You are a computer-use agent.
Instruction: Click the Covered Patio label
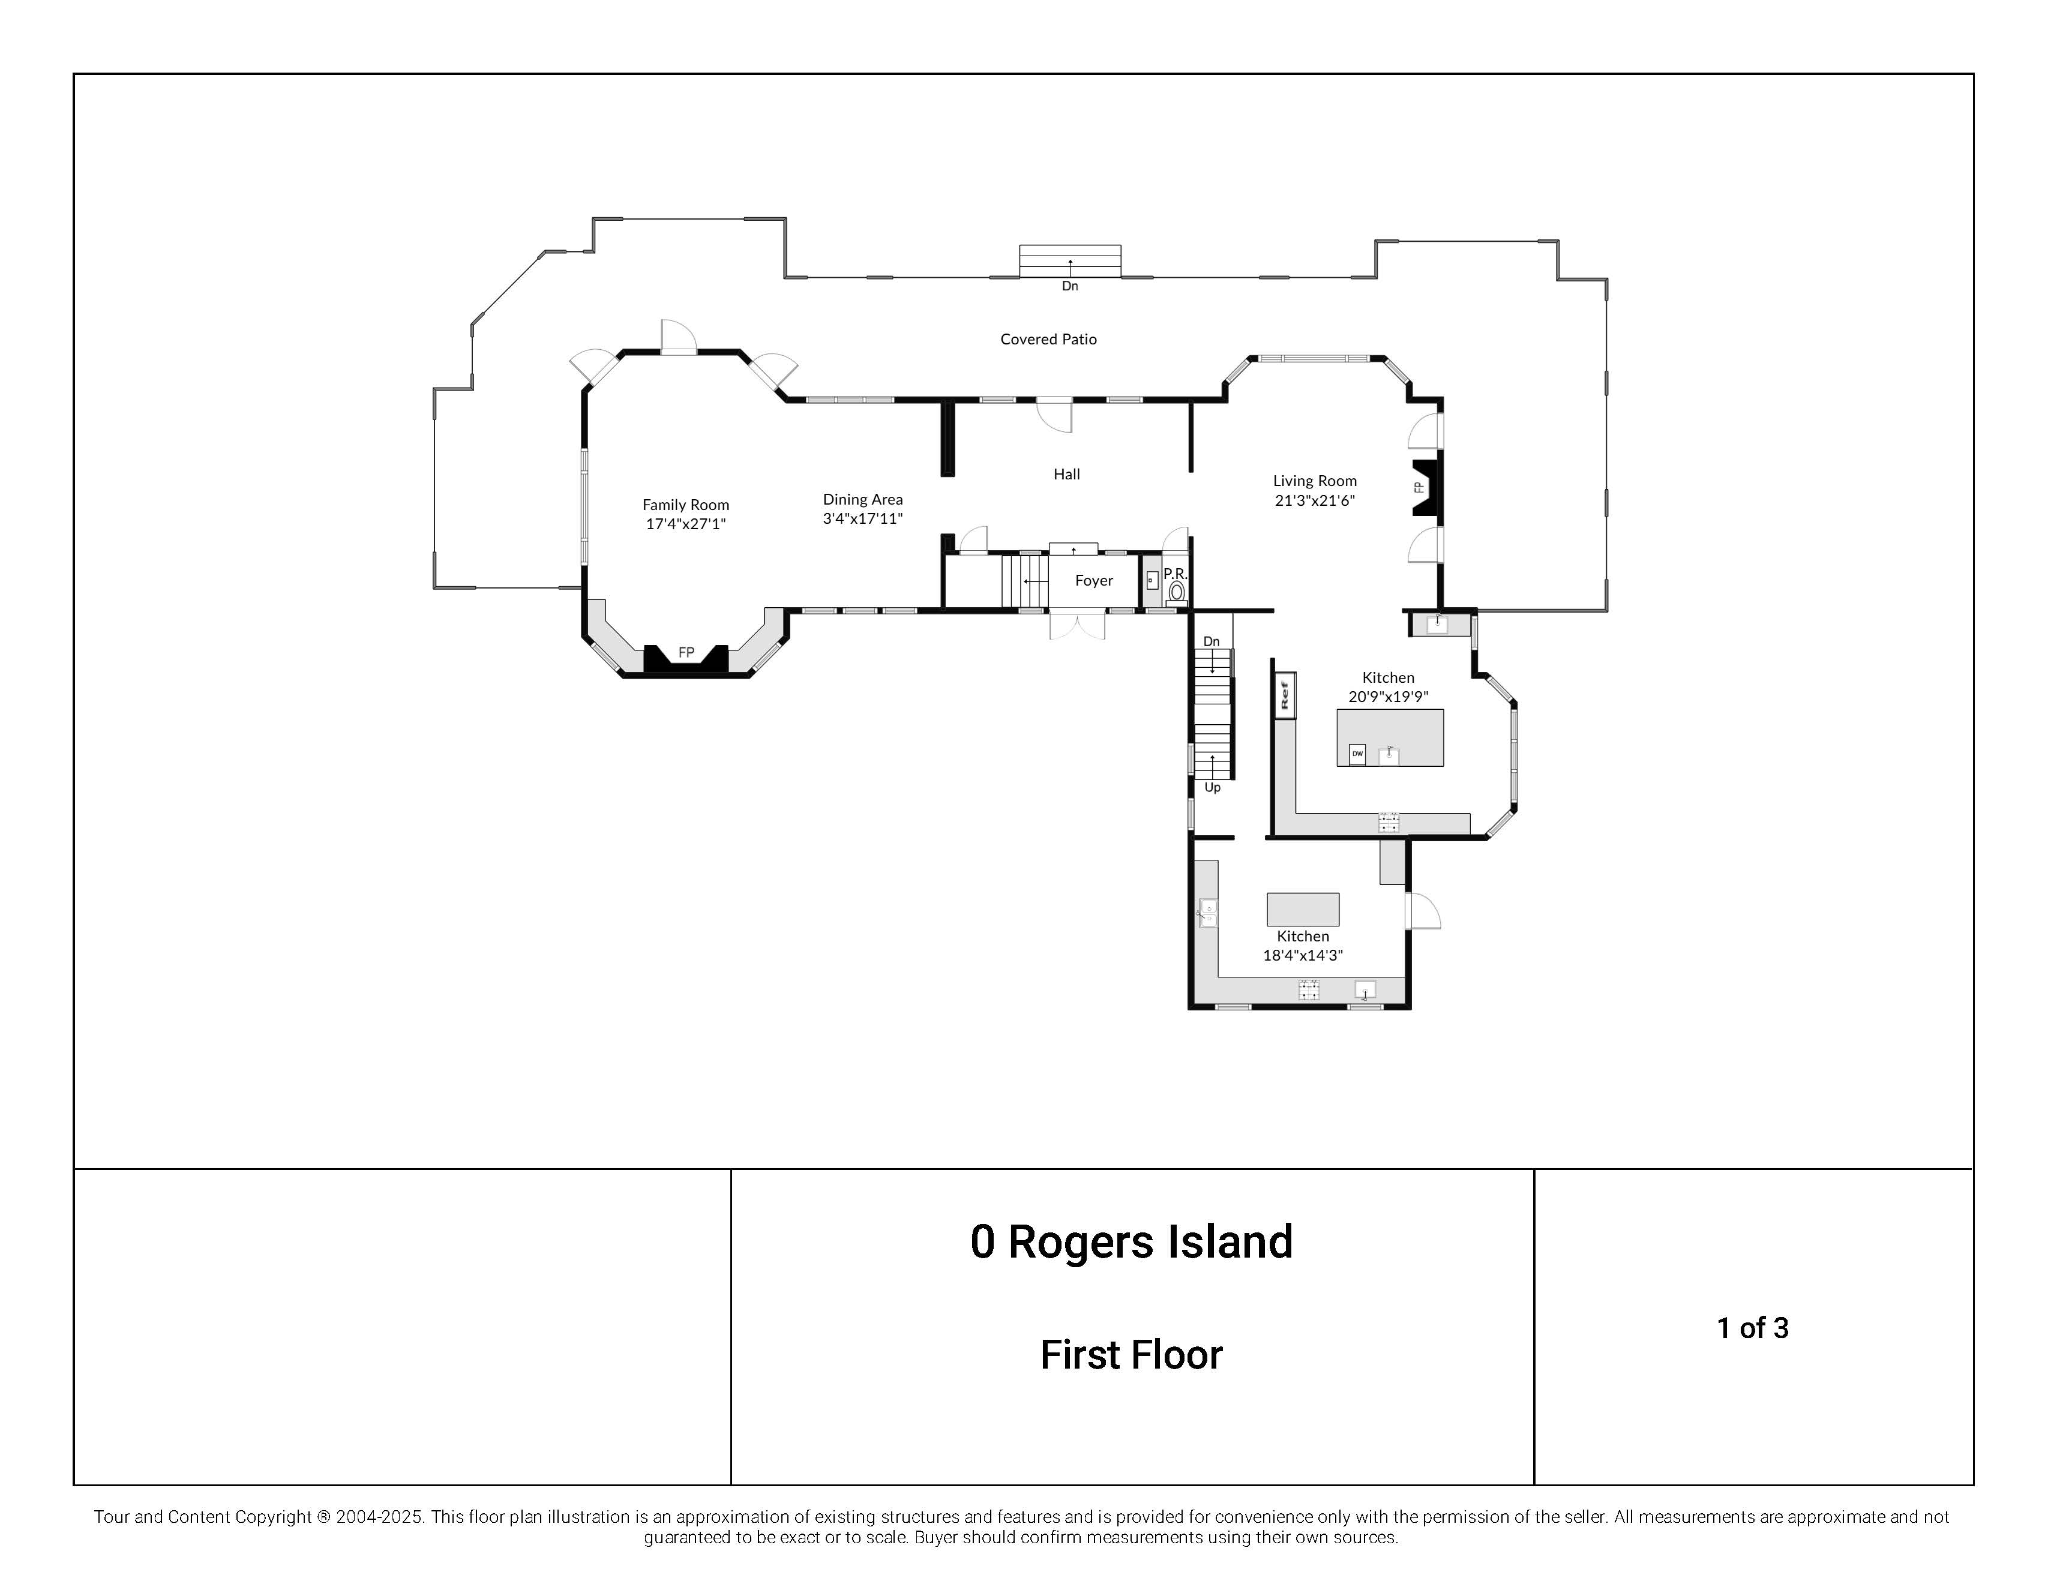(x=1048, y=339)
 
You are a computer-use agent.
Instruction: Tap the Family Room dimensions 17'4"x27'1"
(x=685, y=524)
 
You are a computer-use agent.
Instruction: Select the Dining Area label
(x=862, y=499)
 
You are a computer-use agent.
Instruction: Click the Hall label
(x=1066, y=474)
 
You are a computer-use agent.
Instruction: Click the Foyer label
(x=1094, y=580)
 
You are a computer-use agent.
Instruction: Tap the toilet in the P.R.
(x=1176, y=592)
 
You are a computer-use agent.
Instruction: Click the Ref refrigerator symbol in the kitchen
(x=1285, y=695)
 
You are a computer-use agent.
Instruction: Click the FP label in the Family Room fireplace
(x=686, y=653)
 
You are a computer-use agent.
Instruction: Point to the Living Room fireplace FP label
(x=1419, y=487)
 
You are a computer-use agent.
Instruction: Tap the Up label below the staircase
(x=1213, y=787)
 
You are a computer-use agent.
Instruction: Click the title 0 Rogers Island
(x=1131, y=1242)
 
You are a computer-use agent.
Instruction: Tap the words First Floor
(x=1131, y=1355)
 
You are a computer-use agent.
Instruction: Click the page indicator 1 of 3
(x=1752, y=1327)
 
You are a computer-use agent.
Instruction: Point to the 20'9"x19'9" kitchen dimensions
(x=1388, y=697)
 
